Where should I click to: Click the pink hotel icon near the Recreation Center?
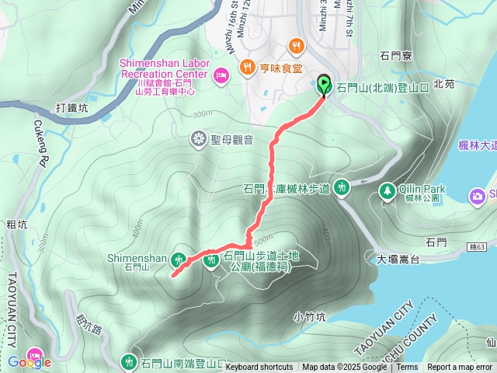click(x=220, y=75)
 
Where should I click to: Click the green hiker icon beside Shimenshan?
click(x=179, y=259)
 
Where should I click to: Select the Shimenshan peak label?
click(x=136, y=257)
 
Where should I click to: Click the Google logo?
click(x=29, y=361)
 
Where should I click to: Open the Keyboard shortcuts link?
click(x=259, y=368)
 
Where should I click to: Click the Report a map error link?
click(x=459, y=368)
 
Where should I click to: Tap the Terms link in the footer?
click(x=407, y=368)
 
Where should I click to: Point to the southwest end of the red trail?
click(x=172, y=274)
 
